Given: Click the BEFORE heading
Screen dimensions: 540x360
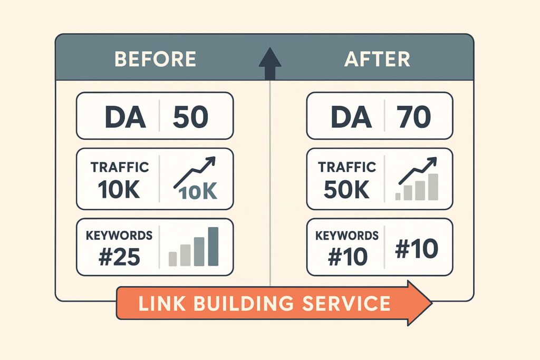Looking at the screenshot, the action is [156, 59].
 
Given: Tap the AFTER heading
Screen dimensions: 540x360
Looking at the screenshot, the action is [377, 59].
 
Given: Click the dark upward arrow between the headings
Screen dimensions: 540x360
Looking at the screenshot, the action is [270, 63].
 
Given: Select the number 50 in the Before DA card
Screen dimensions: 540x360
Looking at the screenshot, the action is [190, 116].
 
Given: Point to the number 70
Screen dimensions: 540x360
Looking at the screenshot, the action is [413, 116].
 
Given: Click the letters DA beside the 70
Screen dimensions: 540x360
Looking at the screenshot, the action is [351, 116].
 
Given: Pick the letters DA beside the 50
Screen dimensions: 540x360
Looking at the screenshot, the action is [124, 116].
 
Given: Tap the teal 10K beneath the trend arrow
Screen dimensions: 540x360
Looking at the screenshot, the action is [198, 191].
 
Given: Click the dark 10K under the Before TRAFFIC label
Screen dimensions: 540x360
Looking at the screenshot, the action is [119, 189].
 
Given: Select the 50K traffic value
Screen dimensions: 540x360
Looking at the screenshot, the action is [346, 189].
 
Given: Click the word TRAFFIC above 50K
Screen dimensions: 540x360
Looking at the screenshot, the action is [347, 167].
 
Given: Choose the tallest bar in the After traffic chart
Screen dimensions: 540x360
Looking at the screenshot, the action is [433, 187].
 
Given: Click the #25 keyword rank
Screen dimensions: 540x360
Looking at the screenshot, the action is [119, 257].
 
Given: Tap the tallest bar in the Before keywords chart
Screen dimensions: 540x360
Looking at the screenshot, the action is [213, 247].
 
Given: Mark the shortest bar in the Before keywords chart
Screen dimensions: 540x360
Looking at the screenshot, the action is [173, 259].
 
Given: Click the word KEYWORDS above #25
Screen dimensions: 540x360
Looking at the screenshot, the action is [119, 236].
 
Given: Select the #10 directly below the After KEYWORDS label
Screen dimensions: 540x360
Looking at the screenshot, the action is [348, 257].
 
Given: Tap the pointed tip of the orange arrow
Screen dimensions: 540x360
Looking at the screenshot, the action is [432, 303].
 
